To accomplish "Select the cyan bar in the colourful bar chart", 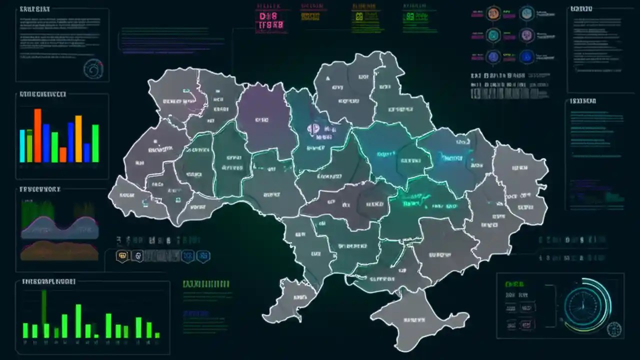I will tap(22, 145).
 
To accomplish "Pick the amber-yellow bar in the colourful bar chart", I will tap(78, 138).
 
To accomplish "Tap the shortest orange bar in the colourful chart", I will tap(63, 154).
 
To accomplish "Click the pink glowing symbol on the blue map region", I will tap(313, 129).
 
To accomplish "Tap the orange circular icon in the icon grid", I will tap(493, 13).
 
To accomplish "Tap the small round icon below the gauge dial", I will tap(614, 329).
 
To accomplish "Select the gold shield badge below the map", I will tap(122, 256).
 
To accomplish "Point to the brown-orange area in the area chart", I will tap(59, 250).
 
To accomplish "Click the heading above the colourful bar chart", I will tap(42, 94).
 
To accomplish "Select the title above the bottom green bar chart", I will tap(48, 281).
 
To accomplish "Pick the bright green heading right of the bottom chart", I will tap(206, 284).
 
